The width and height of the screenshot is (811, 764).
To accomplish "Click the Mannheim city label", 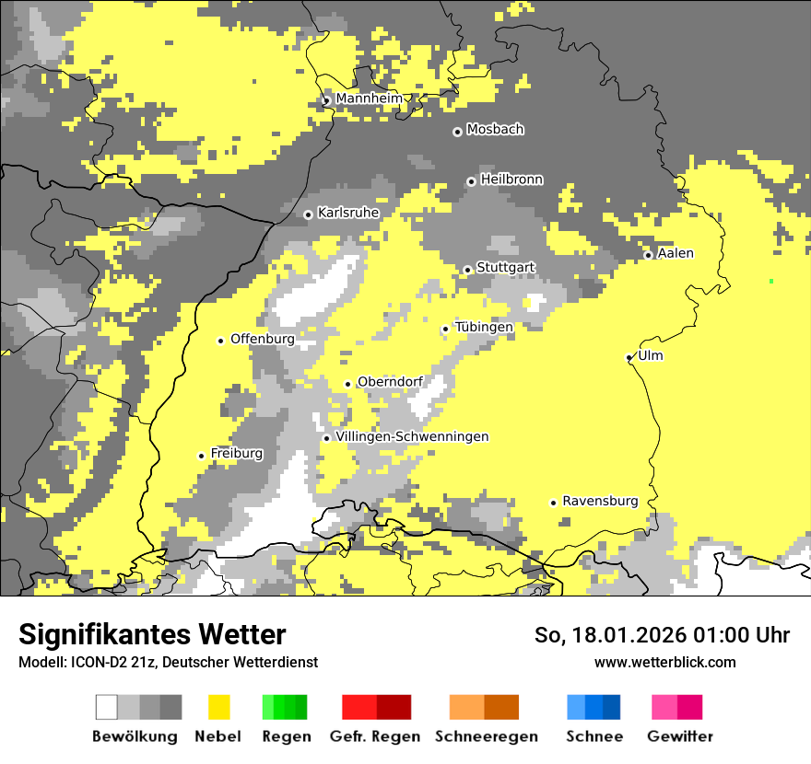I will click(369, 98).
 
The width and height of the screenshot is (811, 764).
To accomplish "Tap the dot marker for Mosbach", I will click(457, 132).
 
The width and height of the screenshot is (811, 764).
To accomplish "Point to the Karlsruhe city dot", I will click(309, 214).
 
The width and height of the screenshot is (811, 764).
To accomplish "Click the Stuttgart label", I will click(505, 268).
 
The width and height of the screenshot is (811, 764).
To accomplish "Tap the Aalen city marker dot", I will click(648, 255).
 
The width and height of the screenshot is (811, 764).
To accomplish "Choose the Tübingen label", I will click(484, 327).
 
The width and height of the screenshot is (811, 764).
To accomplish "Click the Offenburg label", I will click(263, 339).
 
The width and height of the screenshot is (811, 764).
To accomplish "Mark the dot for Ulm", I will click(629, 357).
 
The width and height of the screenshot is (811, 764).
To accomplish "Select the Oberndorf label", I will click(390, 382).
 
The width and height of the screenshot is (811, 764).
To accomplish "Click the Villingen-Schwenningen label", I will click(412, 436).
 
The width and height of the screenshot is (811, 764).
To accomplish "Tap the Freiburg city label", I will click(236, 453).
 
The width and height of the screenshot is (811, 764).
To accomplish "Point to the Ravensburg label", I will click(600, 501).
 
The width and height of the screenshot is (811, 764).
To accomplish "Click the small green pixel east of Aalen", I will click(771, 281).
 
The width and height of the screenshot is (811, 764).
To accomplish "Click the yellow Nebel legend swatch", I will click(218, 707).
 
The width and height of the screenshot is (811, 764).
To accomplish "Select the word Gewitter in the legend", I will click(680, 736).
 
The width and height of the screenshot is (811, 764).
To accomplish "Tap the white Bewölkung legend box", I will click(107, 707).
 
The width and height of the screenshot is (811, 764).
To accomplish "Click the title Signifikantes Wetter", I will click(152, 635).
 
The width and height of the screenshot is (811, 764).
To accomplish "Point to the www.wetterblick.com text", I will click(664, 662).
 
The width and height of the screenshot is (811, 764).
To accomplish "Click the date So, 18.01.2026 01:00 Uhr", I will click(662, 635).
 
